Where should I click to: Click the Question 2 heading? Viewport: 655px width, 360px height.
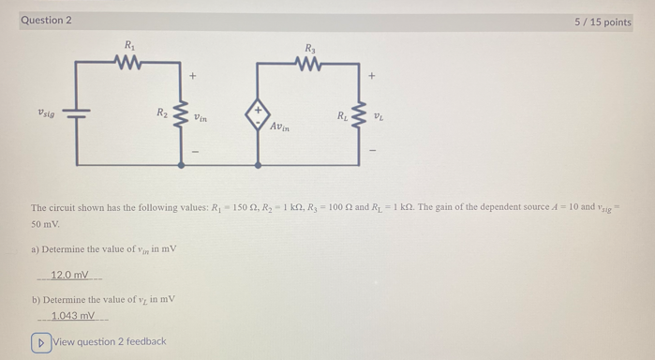46,20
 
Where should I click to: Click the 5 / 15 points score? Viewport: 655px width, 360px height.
603,22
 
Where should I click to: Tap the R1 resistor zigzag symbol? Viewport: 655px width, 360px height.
128,63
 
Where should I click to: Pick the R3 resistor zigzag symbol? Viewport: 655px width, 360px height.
309,64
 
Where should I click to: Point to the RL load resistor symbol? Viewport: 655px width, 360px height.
359,117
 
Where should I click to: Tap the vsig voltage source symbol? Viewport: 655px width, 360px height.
77,113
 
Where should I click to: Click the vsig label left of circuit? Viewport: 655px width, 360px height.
46,112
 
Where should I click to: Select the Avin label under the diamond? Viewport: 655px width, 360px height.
281,126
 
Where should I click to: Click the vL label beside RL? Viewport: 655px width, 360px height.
379,117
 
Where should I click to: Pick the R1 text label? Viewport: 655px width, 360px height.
128,45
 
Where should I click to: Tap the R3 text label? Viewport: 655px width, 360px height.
309,47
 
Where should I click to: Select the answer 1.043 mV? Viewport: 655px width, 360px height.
73,316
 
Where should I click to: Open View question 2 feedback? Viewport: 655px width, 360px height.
99,341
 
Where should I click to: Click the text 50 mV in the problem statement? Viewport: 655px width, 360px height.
44,225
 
